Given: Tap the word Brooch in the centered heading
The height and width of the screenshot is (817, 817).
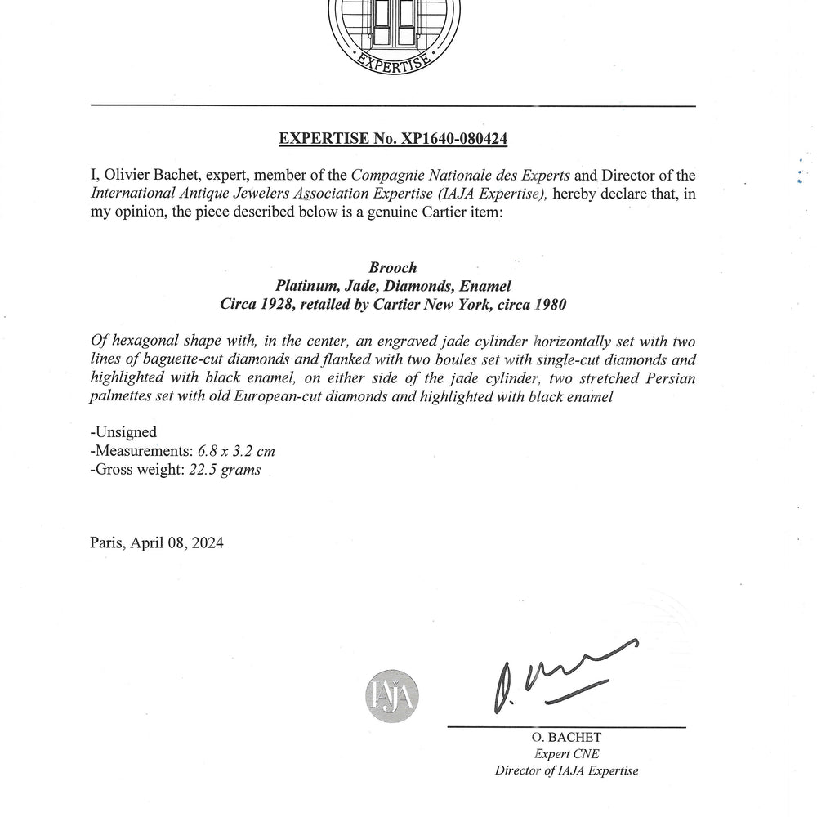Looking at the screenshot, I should [x=392, y=268].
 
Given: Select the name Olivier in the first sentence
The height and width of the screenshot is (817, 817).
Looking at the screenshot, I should [x=132, y=175].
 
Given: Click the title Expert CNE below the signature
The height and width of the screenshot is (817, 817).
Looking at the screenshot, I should [x=566, y=754].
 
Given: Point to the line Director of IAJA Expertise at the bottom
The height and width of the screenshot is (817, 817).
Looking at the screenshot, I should [x=566, y=770].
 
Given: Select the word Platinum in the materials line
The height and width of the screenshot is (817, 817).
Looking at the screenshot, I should [x=304, y=286].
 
